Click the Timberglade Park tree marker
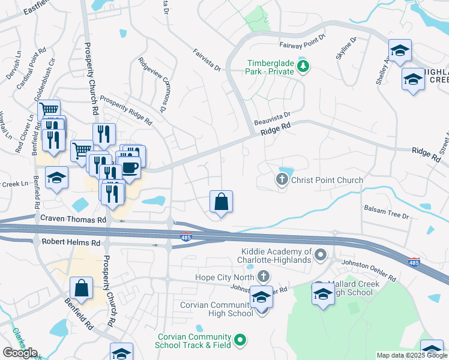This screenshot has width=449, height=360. point(303,65)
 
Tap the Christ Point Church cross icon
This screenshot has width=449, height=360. point(282,179)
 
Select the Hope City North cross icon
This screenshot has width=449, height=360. point(262,277)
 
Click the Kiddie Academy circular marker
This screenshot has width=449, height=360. point(321,256)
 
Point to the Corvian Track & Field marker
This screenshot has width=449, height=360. point(241,340)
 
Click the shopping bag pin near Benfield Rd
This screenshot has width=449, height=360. point(82,288)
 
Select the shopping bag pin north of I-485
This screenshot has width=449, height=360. point(221,202)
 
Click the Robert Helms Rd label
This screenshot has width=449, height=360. point(71,242)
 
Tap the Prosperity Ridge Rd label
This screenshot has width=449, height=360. point(126,108)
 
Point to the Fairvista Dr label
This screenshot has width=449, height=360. point(207,61)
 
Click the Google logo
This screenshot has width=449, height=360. point(19,353)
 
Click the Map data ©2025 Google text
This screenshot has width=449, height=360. point(412,355)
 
